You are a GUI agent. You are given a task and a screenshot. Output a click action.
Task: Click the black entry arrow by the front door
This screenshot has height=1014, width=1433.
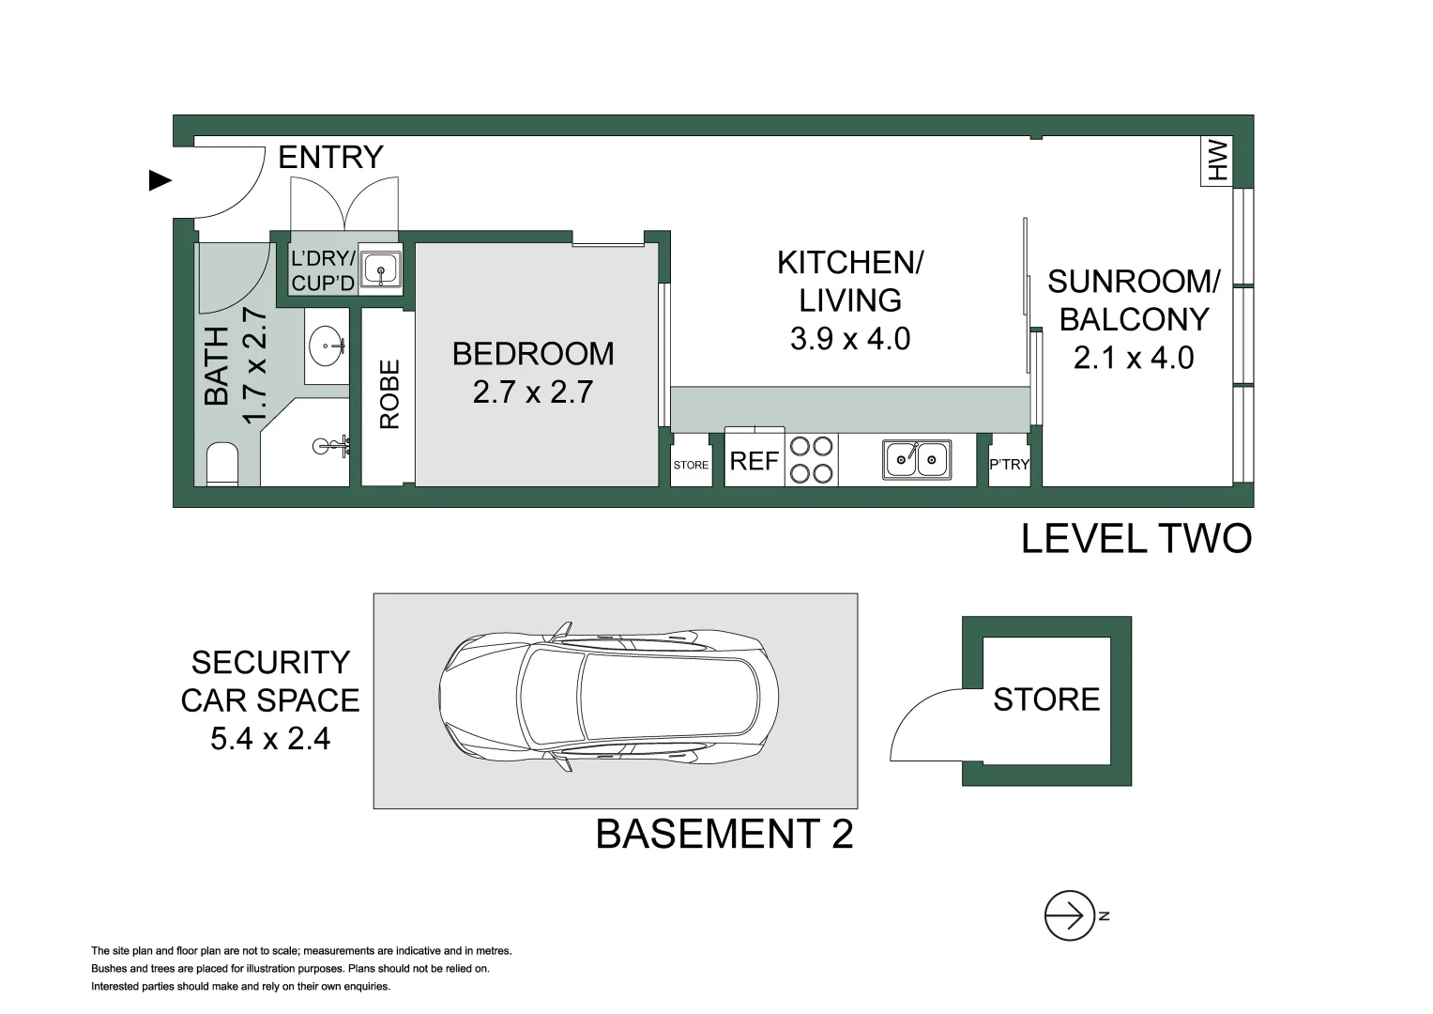[x=160, y=181]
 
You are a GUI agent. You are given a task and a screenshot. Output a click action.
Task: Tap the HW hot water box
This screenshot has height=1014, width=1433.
[x=1217, y=161]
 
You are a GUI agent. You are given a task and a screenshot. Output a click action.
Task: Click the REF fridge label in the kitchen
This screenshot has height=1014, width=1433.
[x=754, y=461]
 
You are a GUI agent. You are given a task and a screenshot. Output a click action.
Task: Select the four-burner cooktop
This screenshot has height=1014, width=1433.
[x=811, y=459]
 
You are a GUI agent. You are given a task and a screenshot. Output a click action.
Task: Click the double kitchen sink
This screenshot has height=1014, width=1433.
[x=917, y=459]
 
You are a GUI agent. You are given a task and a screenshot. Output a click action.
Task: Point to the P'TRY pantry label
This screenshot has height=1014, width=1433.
[x=1009, y=465]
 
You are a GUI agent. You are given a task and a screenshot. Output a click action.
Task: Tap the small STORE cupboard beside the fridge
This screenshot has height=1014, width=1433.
[x=691, y=465]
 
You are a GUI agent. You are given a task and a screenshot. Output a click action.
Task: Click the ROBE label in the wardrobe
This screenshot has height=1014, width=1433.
[x=389, y=394]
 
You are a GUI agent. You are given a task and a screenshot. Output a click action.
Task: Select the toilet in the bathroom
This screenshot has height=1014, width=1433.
[x=221, y=464]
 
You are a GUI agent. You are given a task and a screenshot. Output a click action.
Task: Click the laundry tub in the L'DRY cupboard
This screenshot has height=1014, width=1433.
[x=381, y=269]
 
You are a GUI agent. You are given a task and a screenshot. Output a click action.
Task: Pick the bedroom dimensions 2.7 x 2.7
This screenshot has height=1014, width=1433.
[x=532, y=392]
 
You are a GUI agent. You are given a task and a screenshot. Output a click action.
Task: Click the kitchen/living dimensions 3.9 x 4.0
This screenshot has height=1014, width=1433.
[x=849, y=339]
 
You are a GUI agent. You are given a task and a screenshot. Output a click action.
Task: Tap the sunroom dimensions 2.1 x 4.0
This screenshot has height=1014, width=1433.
[x=1133, y=358]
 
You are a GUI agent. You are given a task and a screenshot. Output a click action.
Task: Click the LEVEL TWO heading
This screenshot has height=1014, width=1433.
[x=1136, y=539]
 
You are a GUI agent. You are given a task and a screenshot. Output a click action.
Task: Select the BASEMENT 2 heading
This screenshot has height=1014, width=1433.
[x=724, y=834]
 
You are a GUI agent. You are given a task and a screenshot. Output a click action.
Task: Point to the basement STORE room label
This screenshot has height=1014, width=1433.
[x=1045, y=699]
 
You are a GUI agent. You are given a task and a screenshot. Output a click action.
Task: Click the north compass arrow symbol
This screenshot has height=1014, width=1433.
[x=1070, y=914]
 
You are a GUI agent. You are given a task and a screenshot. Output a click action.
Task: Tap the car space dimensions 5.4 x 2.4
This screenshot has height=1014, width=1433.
[x=270, y=739]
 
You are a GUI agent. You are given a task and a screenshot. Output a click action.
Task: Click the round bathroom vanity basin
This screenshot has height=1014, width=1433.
[x=327, y=345]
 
